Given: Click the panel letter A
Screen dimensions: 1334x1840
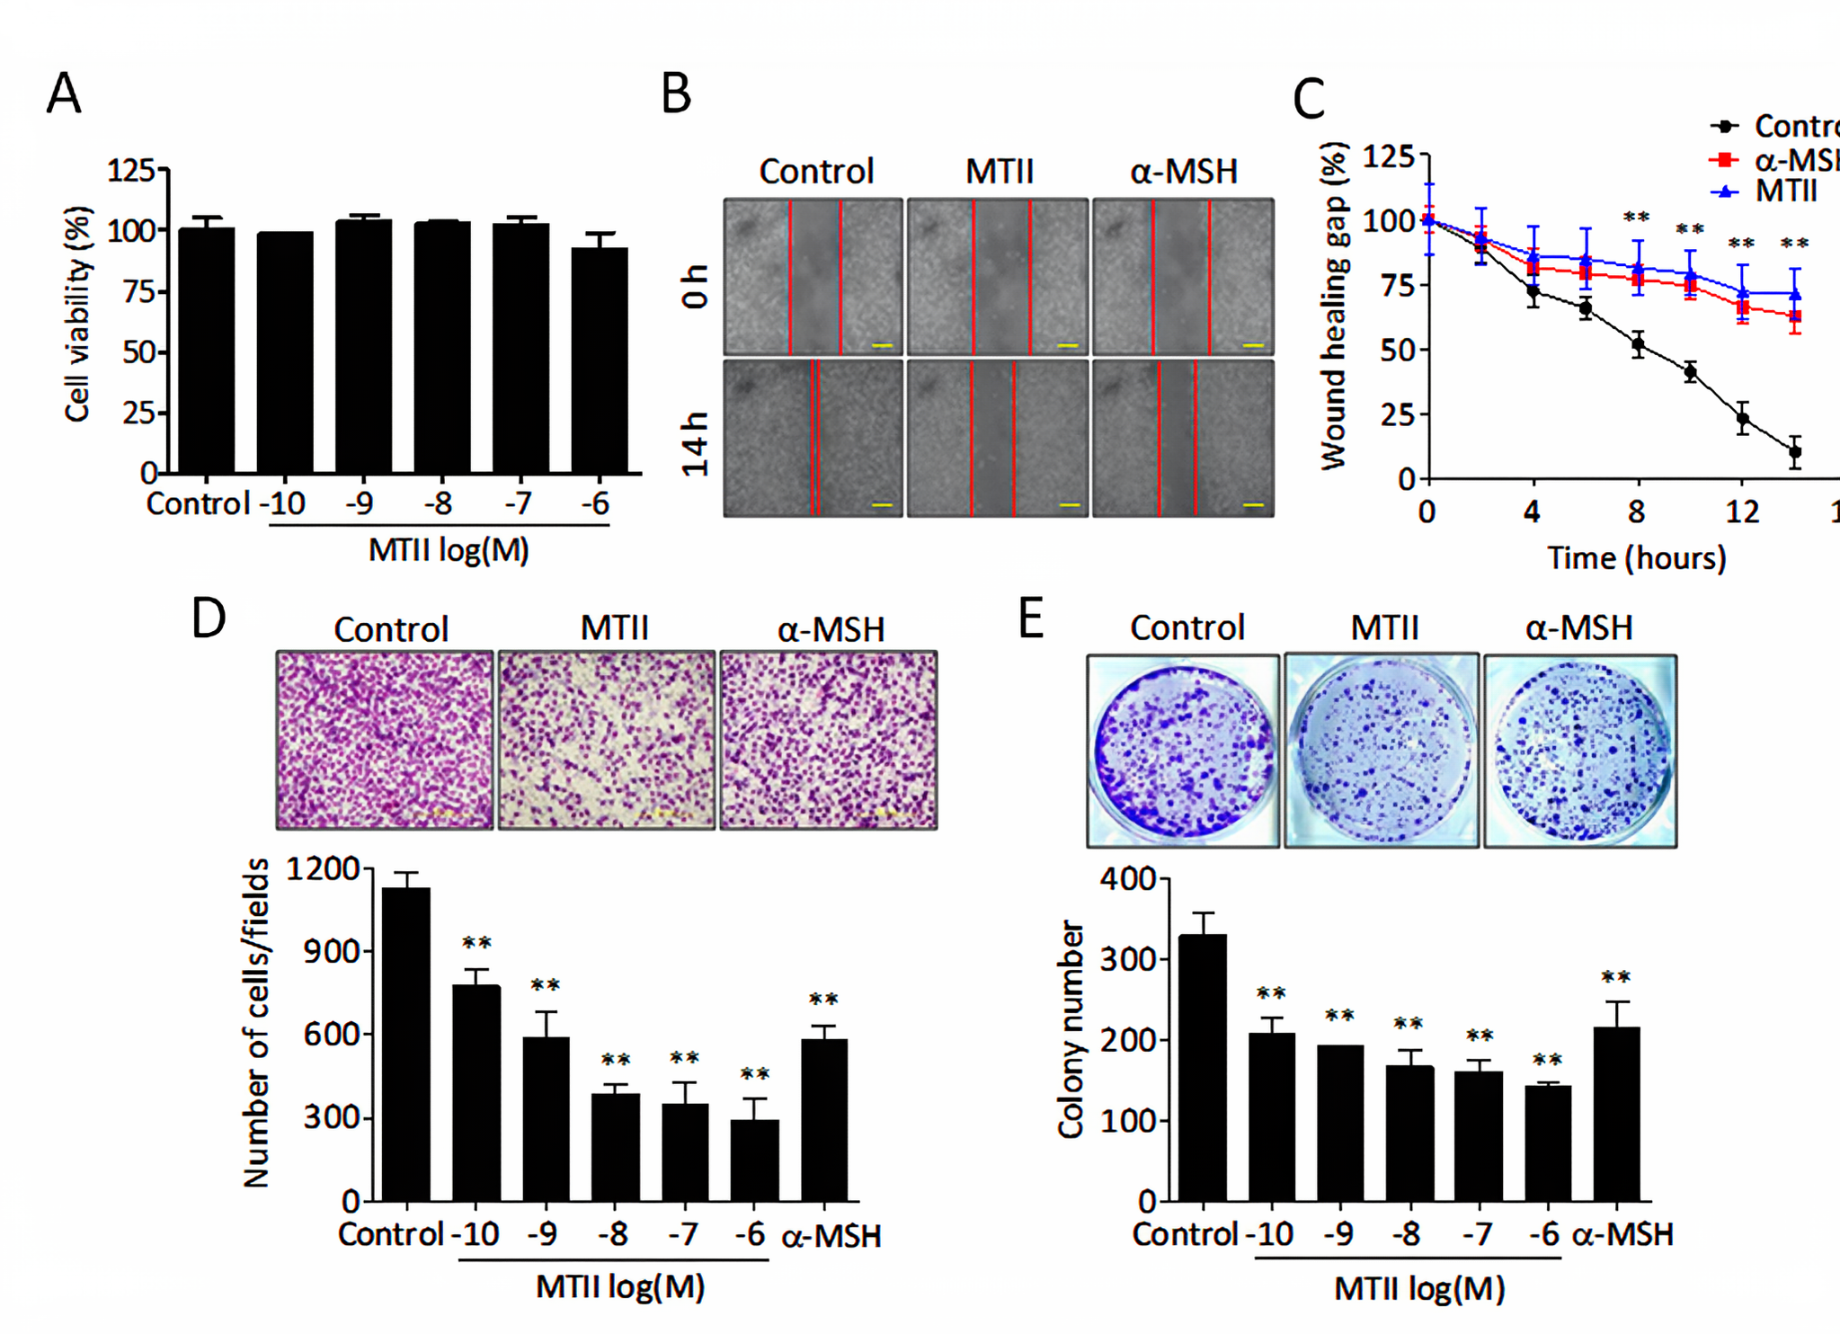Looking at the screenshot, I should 64,93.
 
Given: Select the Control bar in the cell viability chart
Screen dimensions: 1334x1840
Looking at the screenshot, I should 206,351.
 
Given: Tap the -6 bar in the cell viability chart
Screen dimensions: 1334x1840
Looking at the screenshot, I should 600,360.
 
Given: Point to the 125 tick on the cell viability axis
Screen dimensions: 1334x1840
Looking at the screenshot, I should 131,169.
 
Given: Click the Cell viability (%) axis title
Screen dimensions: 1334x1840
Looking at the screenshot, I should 78,314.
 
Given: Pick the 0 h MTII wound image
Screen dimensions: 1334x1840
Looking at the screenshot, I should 998,277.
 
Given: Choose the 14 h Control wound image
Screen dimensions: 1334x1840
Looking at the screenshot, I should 813,438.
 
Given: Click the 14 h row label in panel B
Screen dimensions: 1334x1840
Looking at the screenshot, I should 695,443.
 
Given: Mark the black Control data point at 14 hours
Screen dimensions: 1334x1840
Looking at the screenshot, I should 1795,452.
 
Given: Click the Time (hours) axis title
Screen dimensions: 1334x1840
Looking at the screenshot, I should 1636,558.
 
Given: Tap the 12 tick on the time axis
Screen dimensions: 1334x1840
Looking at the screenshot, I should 1742,511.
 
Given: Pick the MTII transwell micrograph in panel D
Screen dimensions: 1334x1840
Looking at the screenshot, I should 607,740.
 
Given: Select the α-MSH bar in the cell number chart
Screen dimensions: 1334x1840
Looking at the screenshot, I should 824,1120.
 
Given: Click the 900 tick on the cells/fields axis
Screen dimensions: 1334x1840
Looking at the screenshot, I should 331,951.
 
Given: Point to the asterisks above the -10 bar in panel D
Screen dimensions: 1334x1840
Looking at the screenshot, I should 476,943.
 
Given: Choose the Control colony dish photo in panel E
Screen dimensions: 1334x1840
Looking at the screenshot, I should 1183,751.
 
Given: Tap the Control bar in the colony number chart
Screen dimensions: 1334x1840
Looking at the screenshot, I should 1202,1068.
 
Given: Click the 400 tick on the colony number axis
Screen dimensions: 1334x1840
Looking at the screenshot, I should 1129,878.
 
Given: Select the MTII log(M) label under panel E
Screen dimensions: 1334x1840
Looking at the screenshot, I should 1418,1289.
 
